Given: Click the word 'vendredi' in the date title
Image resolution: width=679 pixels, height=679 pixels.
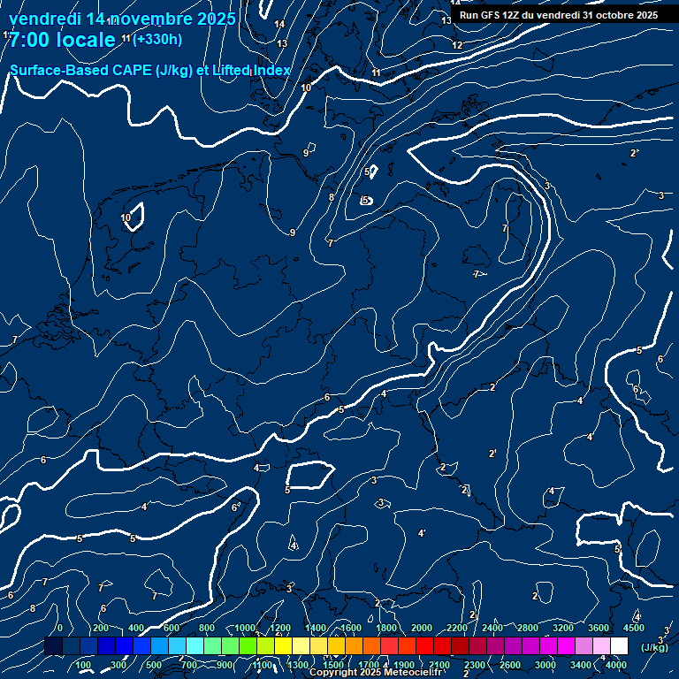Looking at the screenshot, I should (45, 19).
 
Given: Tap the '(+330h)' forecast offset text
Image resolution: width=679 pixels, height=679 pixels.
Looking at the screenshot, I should (157, 39).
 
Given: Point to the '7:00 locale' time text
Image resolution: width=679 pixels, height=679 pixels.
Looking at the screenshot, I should (62, 40).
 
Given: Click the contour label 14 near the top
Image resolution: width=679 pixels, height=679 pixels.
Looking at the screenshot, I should (279, 24).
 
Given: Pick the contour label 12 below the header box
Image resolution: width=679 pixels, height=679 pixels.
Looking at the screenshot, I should (457, 45).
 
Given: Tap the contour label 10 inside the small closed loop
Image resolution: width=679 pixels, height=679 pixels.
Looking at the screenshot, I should (126, 217).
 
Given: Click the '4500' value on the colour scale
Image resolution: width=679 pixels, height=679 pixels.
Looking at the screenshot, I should (634, 628).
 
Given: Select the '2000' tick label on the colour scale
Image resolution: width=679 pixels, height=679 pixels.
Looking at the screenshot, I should (422, 628).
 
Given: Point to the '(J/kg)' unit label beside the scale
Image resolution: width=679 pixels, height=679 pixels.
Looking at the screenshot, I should (654, 647).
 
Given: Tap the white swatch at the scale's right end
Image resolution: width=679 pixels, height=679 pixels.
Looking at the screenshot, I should (619, 647).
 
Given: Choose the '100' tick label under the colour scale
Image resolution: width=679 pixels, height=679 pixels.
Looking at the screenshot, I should (84, 665).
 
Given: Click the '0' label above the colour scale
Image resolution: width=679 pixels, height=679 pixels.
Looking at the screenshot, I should (59, 628).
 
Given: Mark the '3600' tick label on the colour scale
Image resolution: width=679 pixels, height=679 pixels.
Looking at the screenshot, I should (599, 628).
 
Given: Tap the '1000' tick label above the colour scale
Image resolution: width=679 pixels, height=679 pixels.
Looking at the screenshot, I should (245, 628).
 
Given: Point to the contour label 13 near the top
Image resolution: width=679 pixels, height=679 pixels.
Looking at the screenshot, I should (282, 43).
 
